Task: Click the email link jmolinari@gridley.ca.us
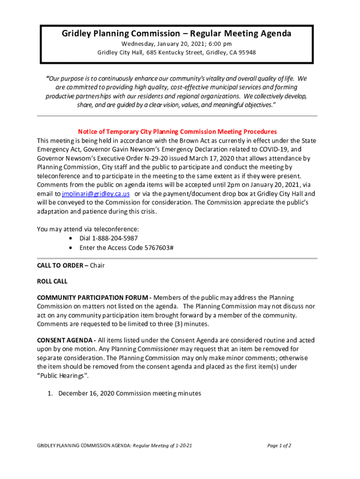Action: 96,194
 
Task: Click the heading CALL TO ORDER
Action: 60,266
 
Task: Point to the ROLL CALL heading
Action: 52,282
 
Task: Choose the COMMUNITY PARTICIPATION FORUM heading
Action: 94,298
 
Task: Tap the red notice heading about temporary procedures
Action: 177,132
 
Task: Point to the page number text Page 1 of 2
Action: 279,446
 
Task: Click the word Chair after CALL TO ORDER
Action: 97,266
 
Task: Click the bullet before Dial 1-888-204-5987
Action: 70,239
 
